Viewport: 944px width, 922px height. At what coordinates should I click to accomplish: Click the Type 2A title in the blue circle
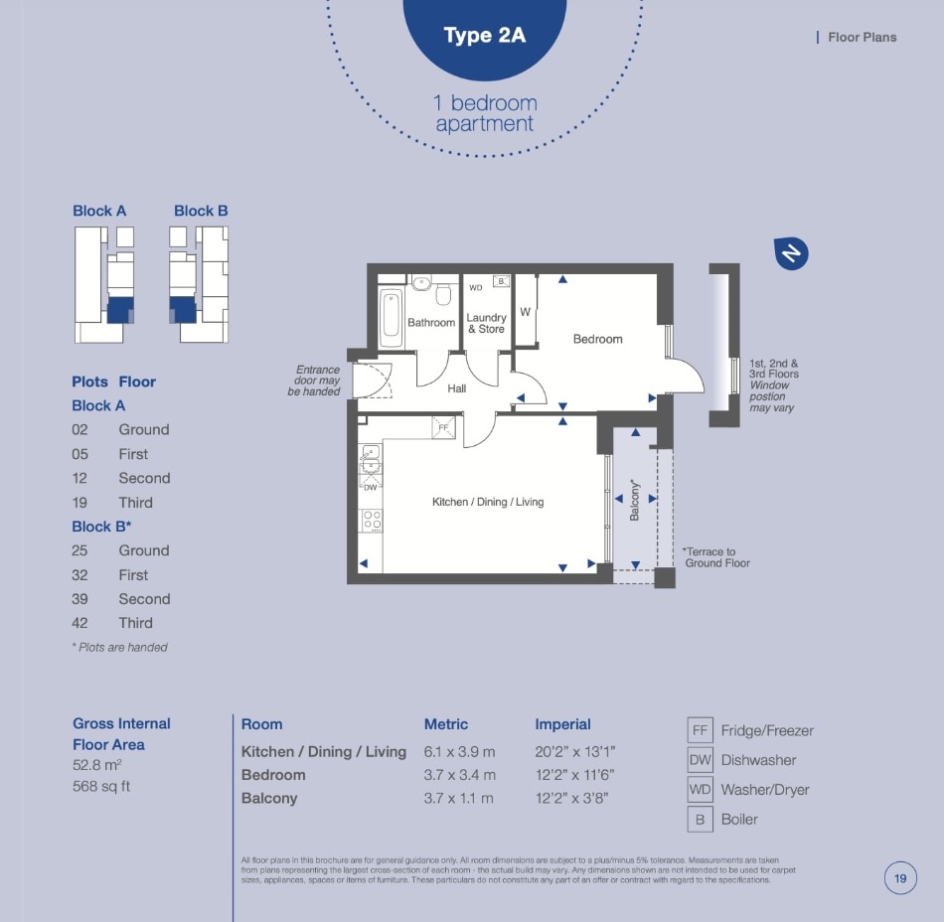485,35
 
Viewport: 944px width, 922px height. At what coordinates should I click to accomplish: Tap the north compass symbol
791,253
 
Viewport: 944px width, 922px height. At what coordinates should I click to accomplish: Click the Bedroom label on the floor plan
597,339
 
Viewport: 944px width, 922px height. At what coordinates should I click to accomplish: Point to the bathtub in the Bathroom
391,317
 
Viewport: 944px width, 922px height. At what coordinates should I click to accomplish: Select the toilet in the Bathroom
444,294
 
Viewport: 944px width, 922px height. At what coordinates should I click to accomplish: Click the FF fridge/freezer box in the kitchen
444,427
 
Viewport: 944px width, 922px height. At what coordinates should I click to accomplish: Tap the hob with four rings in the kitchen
372,521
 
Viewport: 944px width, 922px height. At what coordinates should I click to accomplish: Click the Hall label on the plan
456,388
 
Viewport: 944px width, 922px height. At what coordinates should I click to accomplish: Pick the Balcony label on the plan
634,500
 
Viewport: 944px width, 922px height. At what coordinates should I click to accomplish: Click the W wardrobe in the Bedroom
525,312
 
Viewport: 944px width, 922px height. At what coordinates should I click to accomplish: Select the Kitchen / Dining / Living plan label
488,502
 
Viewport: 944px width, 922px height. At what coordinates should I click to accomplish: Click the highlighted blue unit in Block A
120,311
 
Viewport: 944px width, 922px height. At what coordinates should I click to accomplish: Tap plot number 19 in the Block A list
79,503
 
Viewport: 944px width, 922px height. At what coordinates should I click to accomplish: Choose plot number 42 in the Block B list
79,623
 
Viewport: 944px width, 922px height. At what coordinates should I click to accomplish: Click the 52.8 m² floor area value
97,766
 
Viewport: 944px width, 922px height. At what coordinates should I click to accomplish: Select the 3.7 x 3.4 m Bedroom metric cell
459,775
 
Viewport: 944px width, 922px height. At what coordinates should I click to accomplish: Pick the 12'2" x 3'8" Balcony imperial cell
571,798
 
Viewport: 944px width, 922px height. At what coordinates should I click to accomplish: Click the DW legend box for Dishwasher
700,760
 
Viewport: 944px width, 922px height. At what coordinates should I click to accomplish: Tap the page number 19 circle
900,878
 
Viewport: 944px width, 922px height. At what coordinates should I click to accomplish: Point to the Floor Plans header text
863,38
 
